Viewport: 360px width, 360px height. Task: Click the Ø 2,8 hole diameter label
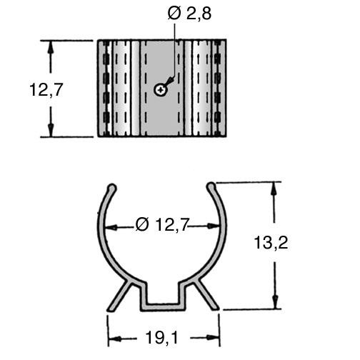189,14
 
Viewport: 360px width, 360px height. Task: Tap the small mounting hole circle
161,90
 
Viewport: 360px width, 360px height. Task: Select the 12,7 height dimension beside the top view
46,90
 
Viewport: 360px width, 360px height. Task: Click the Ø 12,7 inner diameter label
162,224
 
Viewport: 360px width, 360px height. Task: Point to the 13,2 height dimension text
271,243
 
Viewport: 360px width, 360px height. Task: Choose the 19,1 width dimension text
162,337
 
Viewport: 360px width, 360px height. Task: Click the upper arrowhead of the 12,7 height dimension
50,49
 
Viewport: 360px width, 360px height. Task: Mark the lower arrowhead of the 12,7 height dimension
50,129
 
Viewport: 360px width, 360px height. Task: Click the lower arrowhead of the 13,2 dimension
275,301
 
